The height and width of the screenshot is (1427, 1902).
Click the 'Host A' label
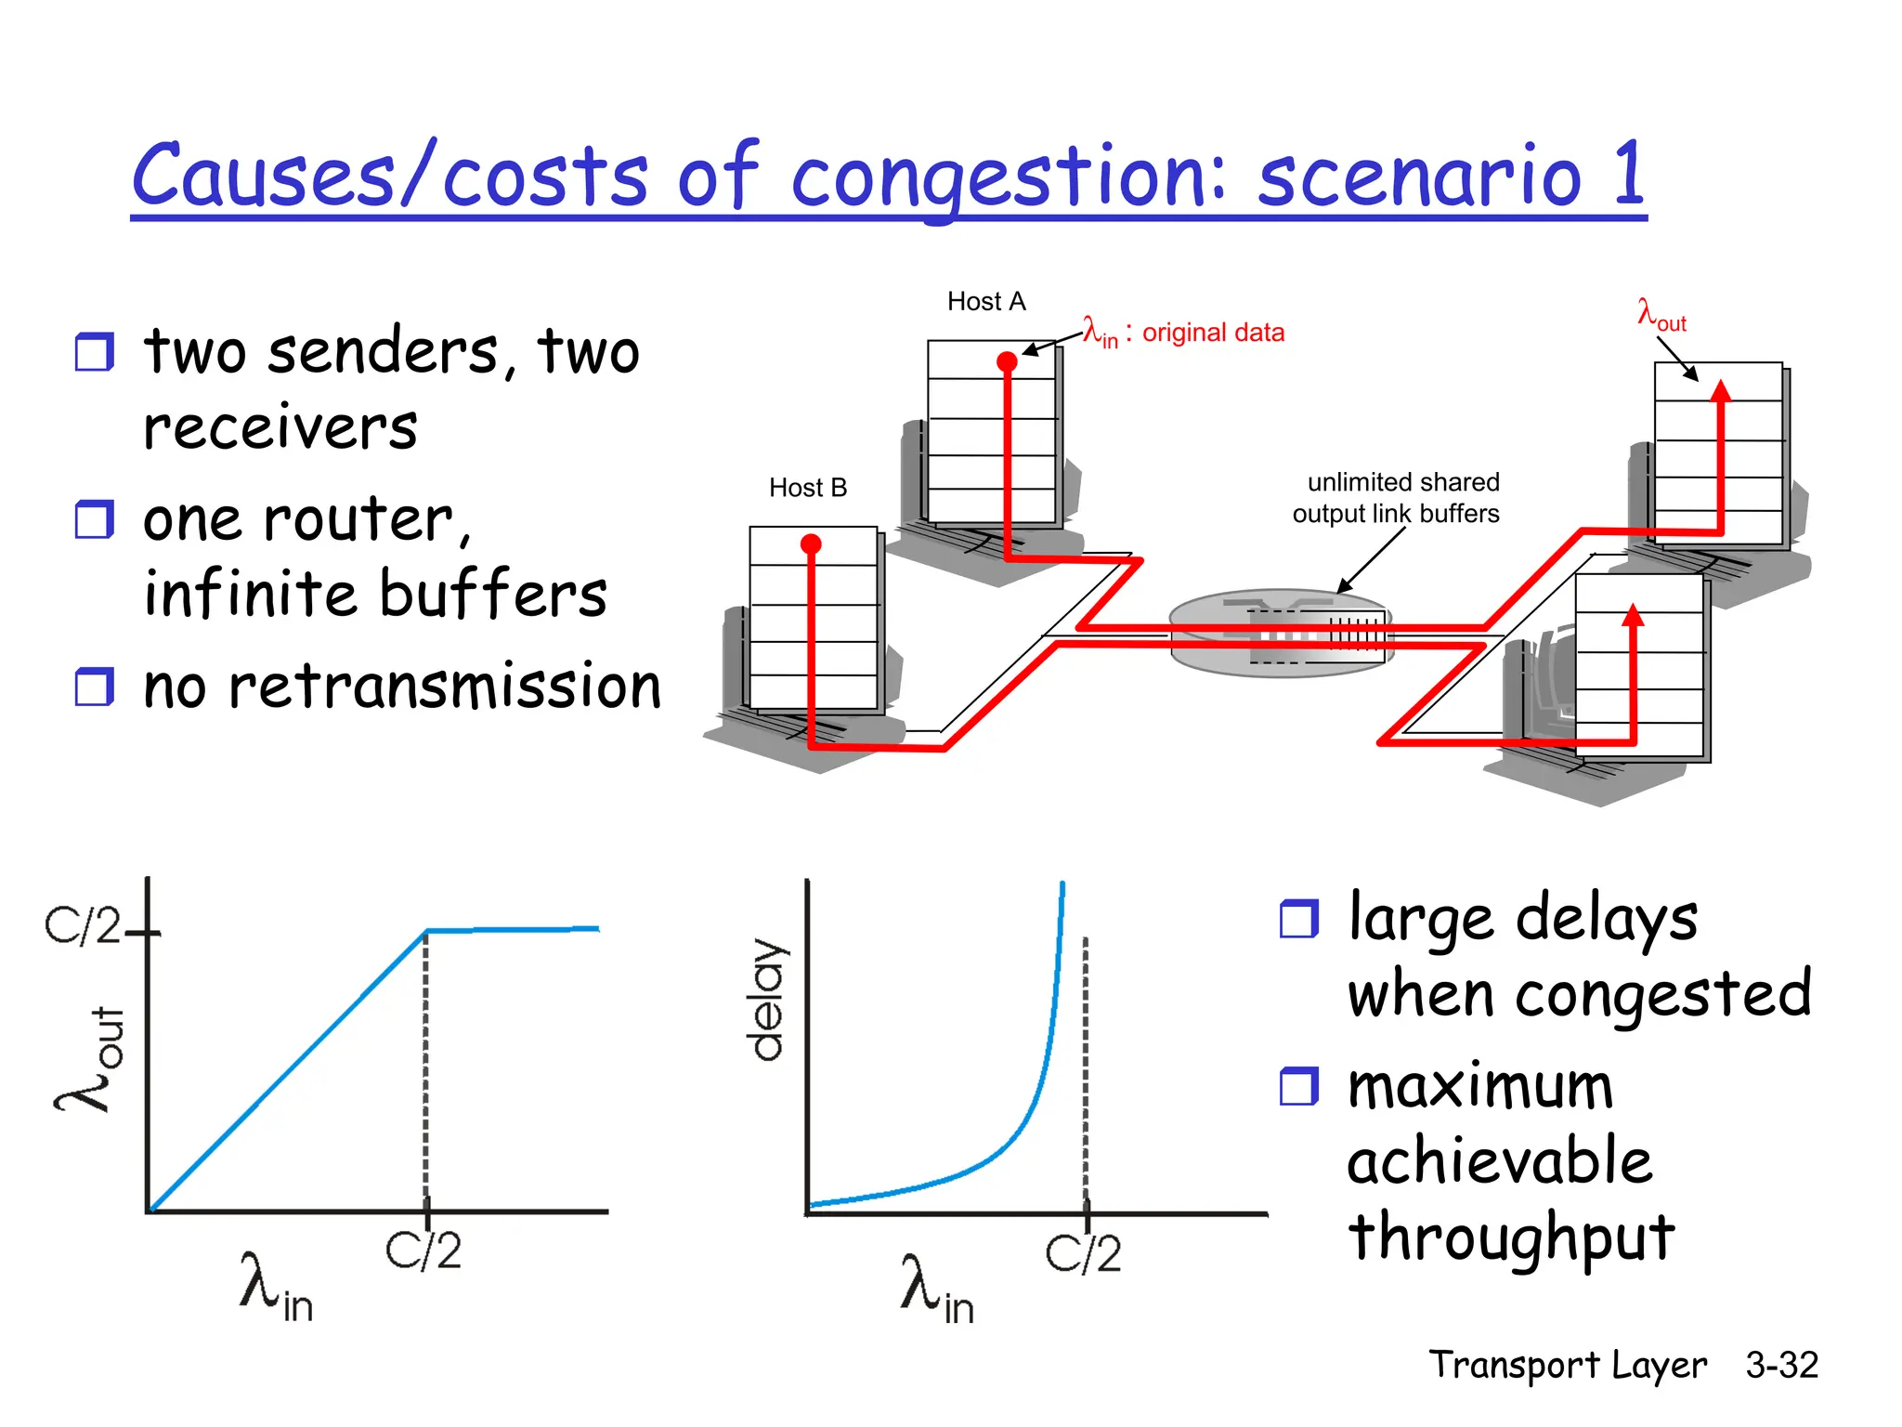985,301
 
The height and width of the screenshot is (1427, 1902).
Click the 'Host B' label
807,488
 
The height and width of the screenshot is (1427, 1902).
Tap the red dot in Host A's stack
1007,361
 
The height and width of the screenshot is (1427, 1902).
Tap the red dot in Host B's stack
811,543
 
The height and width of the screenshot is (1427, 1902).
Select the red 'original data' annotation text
1212,333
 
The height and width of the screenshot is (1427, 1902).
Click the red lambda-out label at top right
1661,314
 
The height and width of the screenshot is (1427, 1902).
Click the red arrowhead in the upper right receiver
1721,391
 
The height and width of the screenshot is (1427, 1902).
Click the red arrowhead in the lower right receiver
1634,615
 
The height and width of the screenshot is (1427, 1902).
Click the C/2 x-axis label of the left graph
423,1250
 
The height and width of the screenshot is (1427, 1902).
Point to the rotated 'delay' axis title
768,999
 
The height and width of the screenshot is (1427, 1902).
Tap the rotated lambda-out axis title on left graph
89,1059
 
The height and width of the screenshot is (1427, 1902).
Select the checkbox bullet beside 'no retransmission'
94,687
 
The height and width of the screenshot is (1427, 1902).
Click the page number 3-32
1780,1365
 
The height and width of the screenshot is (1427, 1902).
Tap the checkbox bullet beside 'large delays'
1298,919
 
